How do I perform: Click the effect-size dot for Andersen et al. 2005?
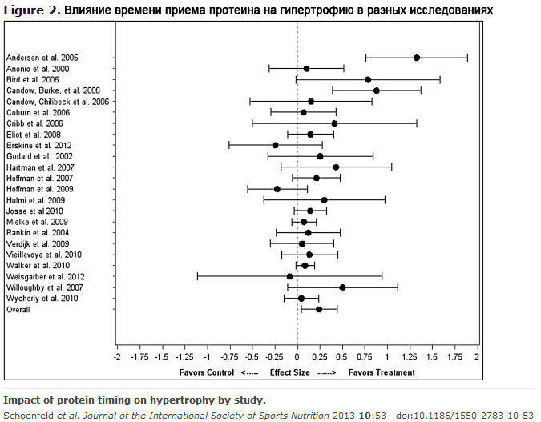417,58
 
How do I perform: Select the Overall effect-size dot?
319,309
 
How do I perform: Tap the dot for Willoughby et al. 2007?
342,287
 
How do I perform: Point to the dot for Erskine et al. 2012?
275,145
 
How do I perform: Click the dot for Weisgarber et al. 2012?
289,276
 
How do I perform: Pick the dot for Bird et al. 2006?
368,80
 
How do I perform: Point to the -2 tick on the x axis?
117,357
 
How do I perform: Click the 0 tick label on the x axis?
297,357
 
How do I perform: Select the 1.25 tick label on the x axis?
409,357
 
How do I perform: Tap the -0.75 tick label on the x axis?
229,357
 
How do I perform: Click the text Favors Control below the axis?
206,372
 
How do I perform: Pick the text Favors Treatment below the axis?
387,372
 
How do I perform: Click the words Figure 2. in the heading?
30,10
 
